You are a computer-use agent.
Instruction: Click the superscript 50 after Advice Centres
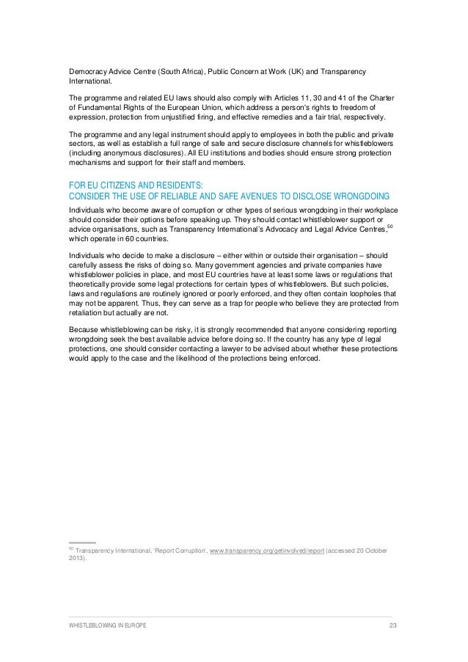390,225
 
